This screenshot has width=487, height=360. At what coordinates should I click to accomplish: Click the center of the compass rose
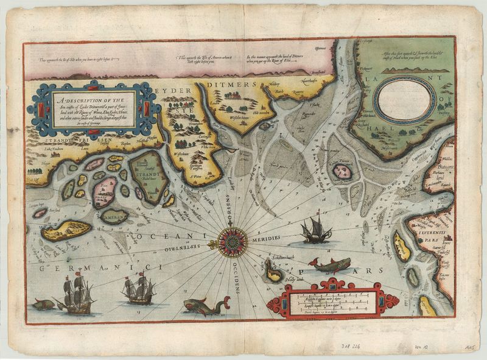point(232,241)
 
